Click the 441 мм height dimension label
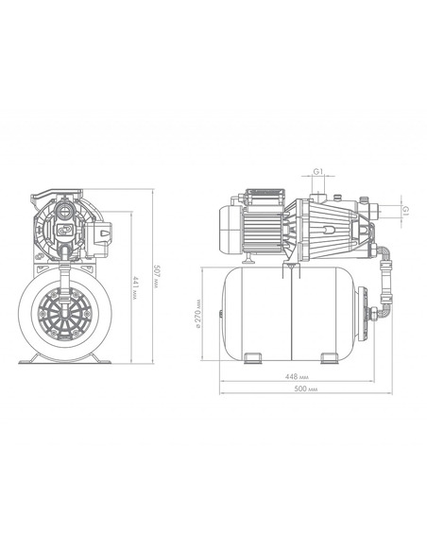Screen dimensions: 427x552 [134, 287]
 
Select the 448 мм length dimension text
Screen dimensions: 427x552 [297, 377]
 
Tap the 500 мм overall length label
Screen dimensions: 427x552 [305, 389]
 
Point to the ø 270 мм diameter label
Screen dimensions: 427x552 [197, 314]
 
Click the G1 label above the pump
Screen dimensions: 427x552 [318, 171]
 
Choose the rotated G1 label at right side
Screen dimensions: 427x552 [405, 211]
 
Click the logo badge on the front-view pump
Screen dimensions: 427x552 [64, 229]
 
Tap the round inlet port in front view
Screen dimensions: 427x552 [64, 212]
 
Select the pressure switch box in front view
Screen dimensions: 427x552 [99, 238]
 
